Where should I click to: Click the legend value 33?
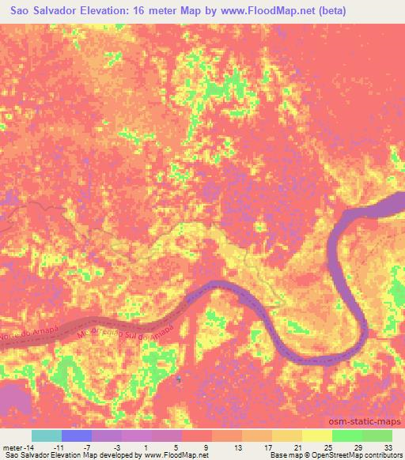click(388, 447)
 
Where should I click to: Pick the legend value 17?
click(268, 447)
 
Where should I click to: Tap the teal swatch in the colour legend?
click(47, 435)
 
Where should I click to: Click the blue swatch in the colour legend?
click(77, 435)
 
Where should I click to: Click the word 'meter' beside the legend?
click(11, 447)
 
